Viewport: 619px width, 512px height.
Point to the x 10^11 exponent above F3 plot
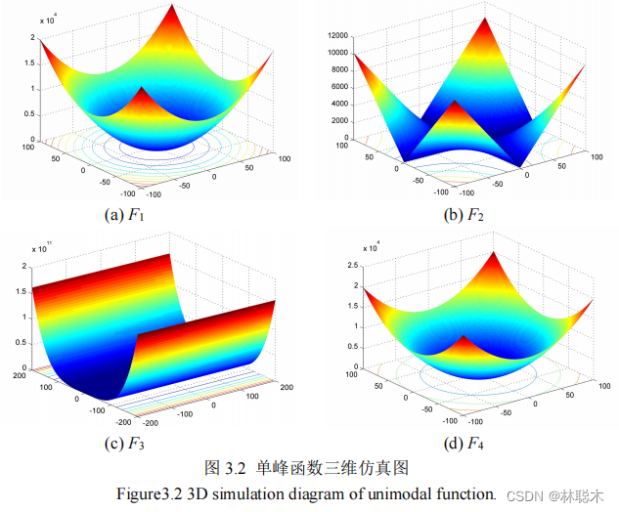[x=44, y=250]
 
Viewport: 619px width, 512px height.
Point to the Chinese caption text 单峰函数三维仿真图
[x=329, y=467]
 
